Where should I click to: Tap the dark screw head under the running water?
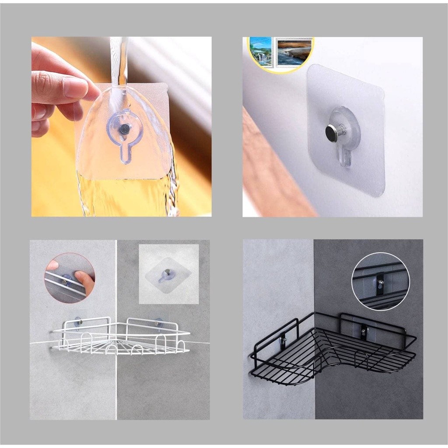[125, 129]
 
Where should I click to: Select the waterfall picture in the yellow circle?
[261, 51]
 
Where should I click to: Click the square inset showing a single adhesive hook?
[168, 274]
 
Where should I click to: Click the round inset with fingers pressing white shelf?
[70, 278]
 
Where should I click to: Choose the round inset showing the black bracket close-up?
[380, 282]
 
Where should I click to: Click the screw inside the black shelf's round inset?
[381, 282]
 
